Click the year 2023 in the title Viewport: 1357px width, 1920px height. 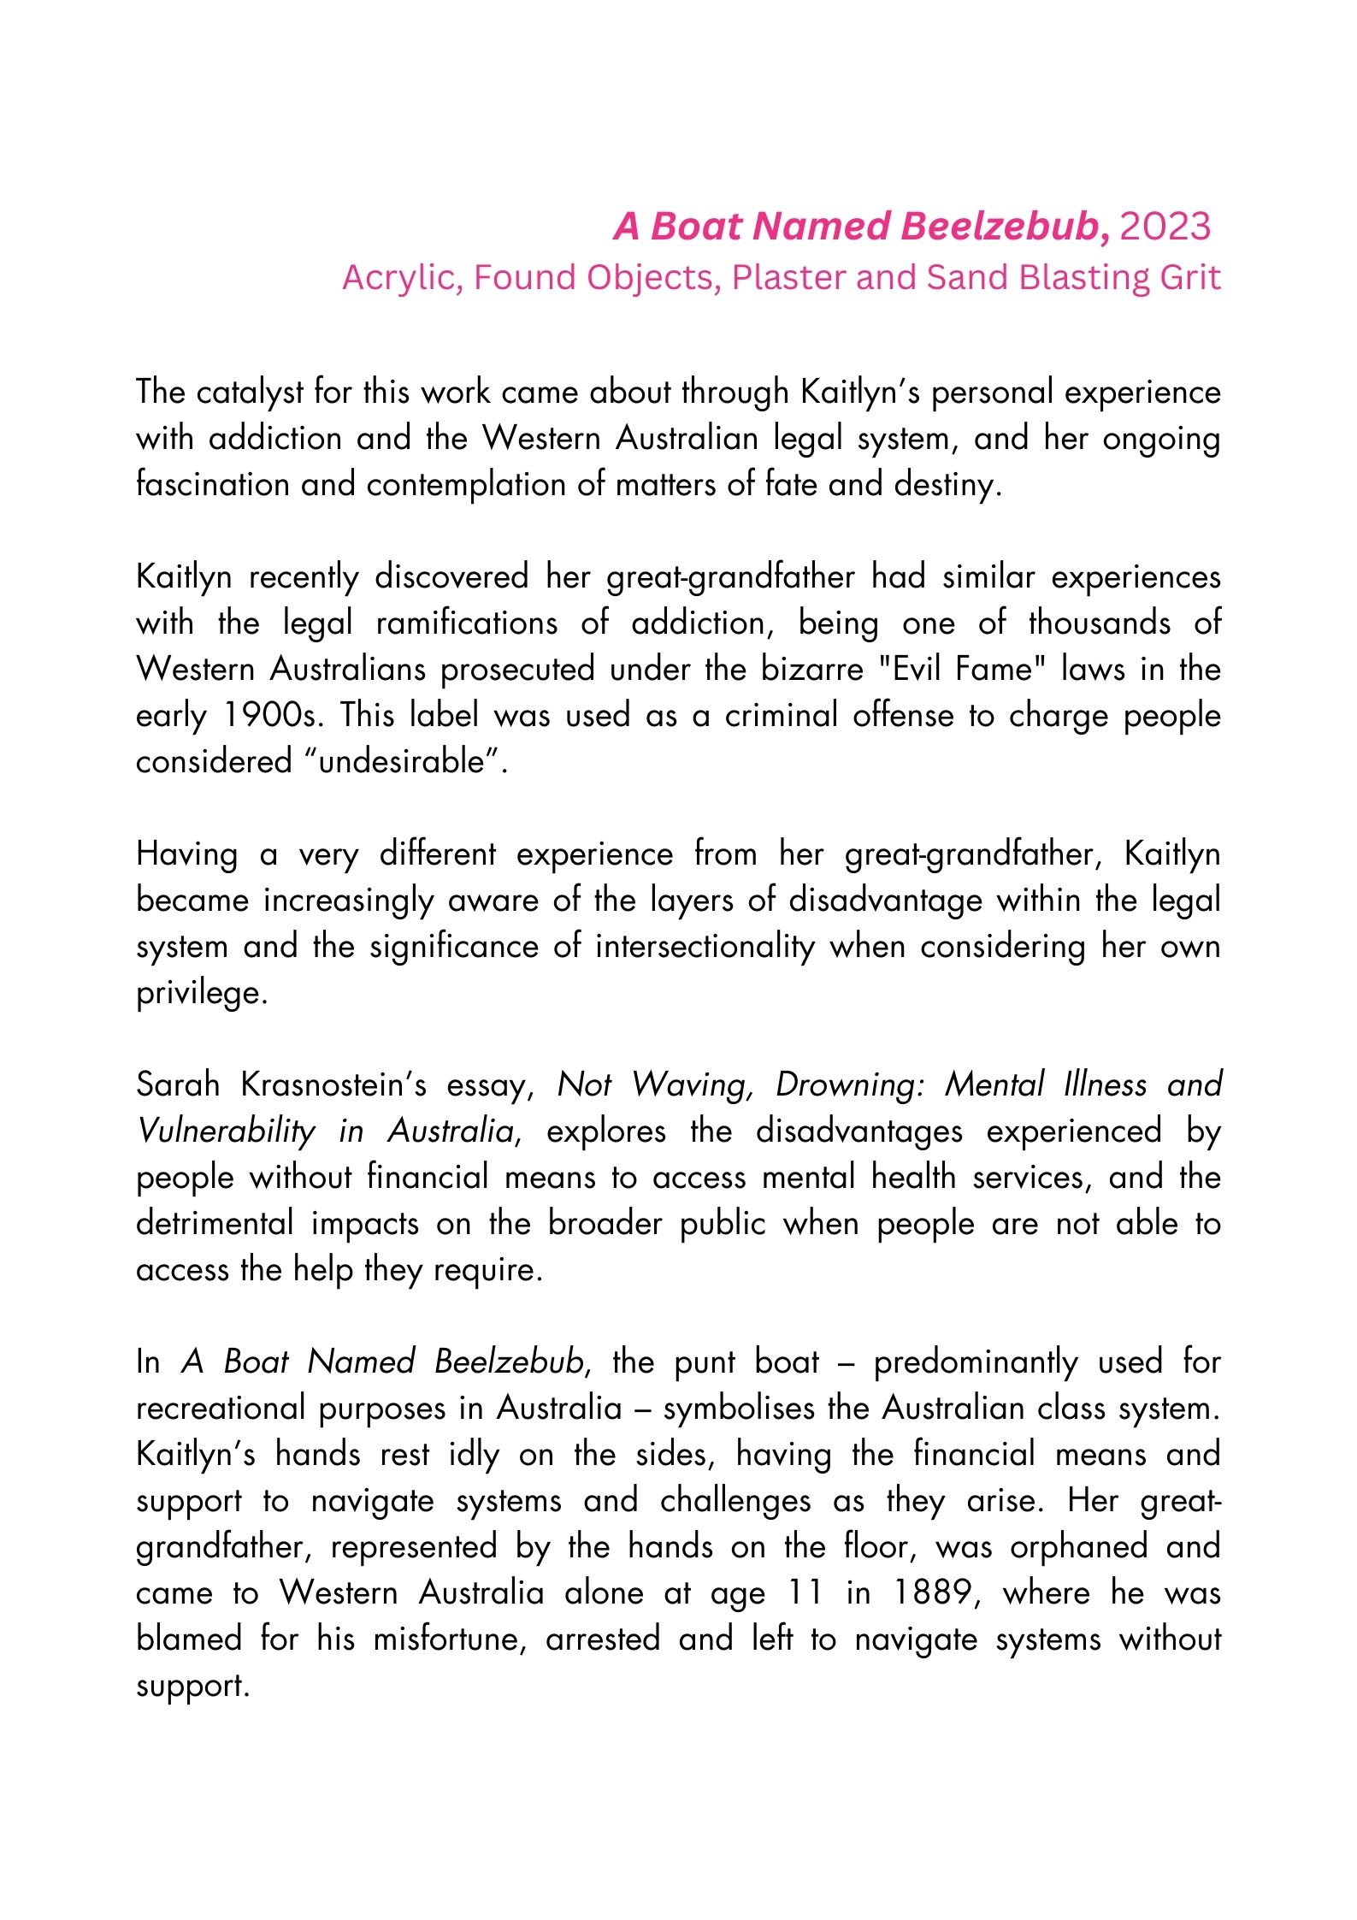tap(1165, 227)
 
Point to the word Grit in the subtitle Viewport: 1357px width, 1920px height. tap(1189, 278)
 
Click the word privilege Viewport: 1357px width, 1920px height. tap(201, 993)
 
